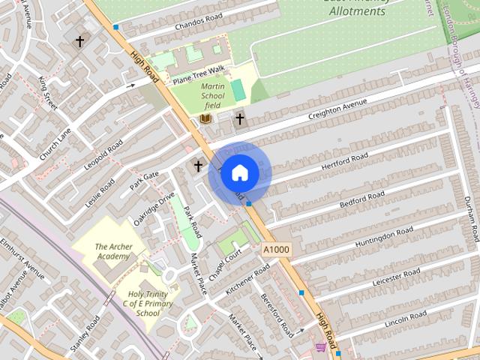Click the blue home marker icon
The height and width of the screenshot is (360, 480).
point(239,173)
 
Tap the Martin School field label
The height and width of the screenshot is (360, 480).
point(212,95)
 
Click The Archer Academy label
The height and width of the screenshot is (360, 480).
point(112,251)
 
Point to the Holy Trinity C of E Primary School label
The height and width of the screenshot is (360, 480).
point(149,304)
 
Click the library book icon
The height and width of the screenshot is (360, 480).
point(205,118)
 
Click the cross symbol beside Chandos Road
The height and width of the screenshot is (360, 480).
point(79,41)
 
